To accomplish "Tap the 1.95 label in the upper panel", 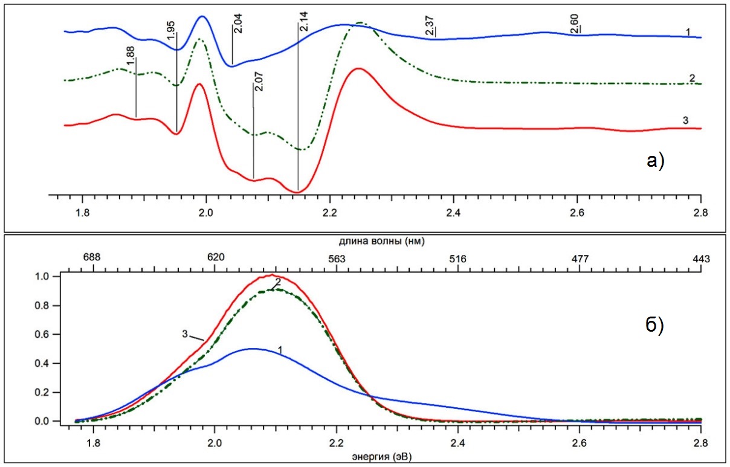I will pyautogui.click(x=171, y=28).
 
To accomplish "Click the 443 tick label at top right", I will pyautogui.click(x=700, y=259).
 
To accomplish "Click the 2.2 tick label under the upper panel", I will pyautogui.click(x=330, y=213).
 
